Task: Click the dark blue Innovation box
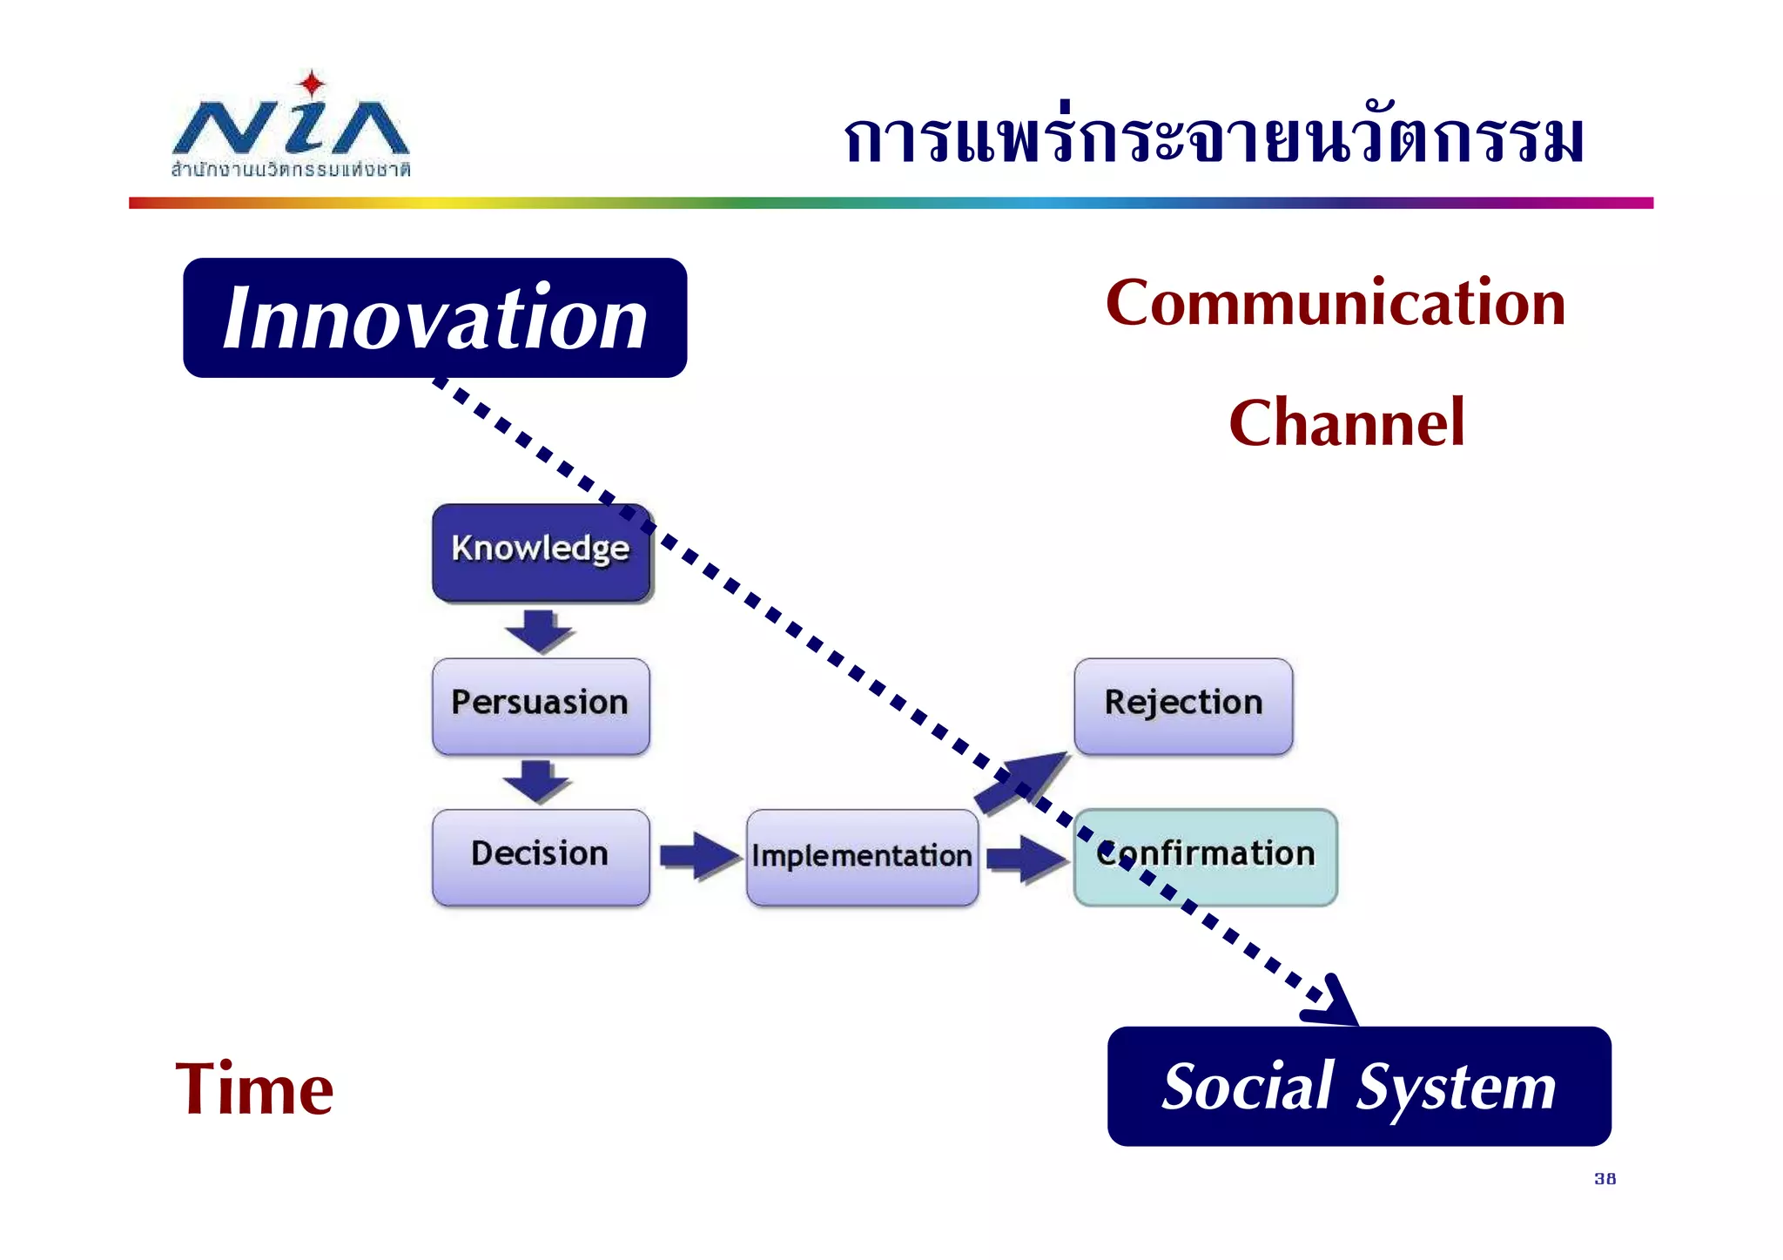pyautogui.click(x=434, y=318)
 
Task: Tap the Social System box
pyautogui.click(x=1358, y=1087)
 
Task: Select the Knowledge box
pyautogui.click(x=541, y=551)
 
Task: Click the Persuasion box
pyautogui.click(x=541, y=705)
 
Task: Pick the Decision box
pyautogui.click(x=541, y=857)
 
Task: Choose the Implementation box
pyautogui.click(x=862, y=857)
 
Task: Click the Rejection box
pyautogui.click(x=1183, y=705)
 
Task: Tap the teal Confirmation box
pyautogui.click(x=1205, y=857)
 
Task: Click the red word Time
pyautogui.click(x=254, y=1089)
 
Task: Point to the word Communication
pyautogui.click(x=1336, y=303)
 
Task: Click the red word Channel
pyautogui.click(x=1347, y=423)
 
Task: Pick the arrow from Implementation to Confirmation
pyautogui.click(x=1026, y=859)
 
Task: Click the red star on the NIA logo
pyautogui.click(x=311, y=84)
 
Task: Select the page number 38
pyautogui.click(x=1605, y=1179)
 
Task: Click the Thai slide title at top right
pyautogui.click(x=1214, y=139)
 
